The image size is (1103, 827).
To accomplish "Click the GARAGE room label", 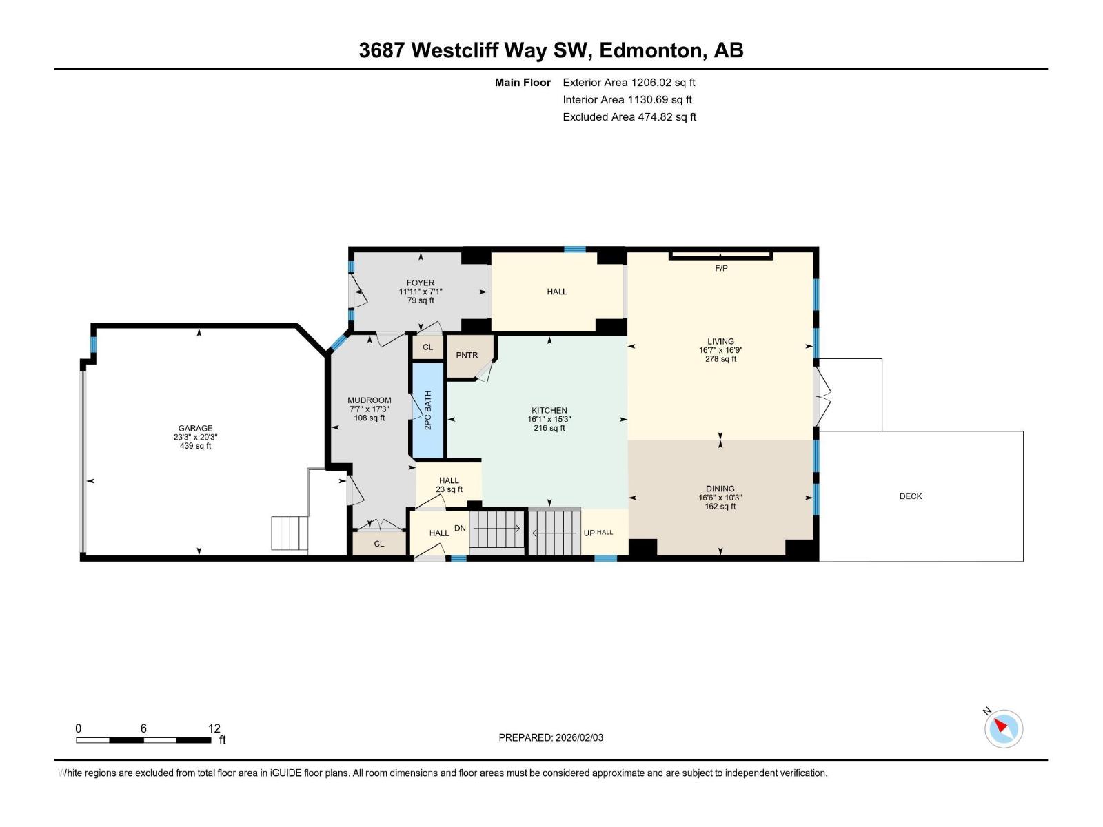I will tap(196, 428).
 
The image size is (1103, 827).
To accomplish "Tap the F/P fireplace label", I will tap(721, 268).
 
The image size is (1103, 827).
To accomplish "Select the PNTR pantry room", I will tap(467, 356).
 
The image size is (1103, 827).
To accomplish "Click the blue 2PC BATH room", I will tap(427, 411).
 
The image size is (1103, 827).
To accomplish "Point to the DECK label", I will tap(910, 496).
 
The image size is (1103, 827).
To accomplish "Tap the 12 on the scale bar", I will tap(214, 728).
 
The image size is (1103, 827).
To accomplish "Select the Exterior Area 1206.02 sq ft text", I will tap(629, 83).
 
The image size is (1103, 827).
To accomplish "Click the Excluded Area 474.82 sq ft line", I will tap(629, 117).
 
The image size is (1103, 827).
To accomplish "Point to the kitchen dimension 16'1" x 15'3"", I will tap(549, 419).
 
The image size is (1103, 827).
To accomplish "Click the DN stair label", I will tap(460, 529).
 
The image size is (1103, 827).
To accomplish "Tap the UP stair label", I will tap(589, 533).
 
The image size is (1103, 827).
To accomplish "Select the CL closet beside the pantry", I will tap(427, 347).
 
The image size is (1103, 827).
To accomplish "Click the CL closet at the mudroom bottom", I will tap(379, 544).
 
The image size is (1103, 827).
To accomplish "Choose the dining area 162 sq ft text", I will tap(720, 507).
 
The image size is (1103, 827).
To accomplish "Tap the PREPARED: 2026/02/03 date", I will tap(551, 737).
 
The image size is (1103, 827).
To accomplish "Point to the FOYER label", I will tap(421, 283).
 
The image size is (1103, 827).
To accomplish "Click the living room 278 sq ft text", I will tap(720, 359).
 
